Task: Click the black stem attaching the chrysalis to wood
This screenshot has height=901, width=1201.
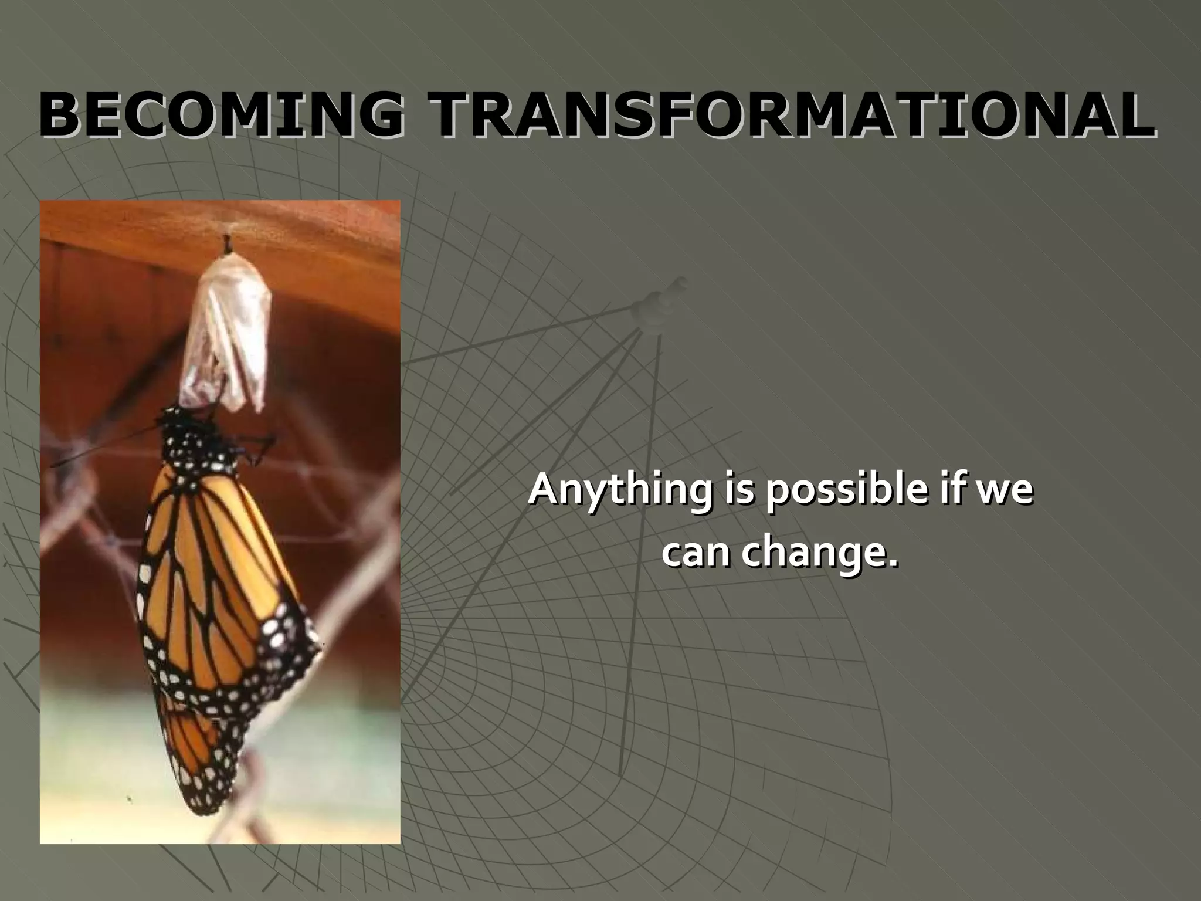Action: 226,243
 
